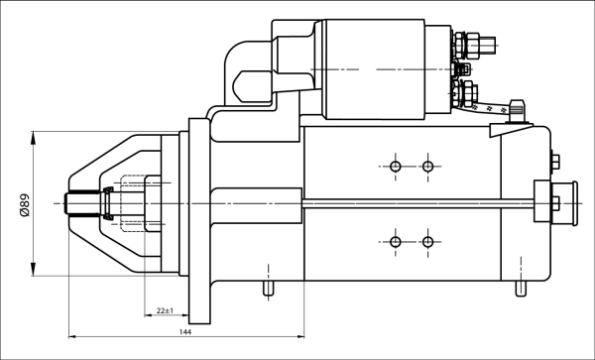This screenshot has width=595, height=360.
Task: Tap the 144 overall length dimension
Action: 185,331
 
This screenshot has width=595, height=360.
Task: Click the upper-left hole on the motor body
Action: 396,166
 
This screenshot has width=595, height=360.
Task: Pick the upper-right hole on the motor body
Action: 427,166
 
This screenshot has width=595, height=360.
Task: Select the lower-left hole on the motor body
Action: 396,242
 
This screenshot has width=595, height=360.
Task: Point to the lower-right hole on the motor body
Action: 427,242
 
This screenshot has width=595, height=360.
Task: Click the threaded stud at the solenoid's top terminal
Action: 474,44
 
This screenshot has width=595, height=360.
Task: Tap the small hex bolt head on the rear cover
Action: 553,163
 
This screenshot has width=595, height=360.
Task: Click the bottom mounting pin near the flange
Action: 267,289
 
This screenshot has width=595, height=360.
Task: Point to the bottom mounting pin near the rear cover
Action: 520,289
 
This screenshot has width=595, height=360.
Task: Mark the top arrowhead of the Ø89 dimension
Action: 35,136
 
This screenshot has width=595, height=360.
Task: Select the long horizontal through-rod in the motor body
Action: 416,203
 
